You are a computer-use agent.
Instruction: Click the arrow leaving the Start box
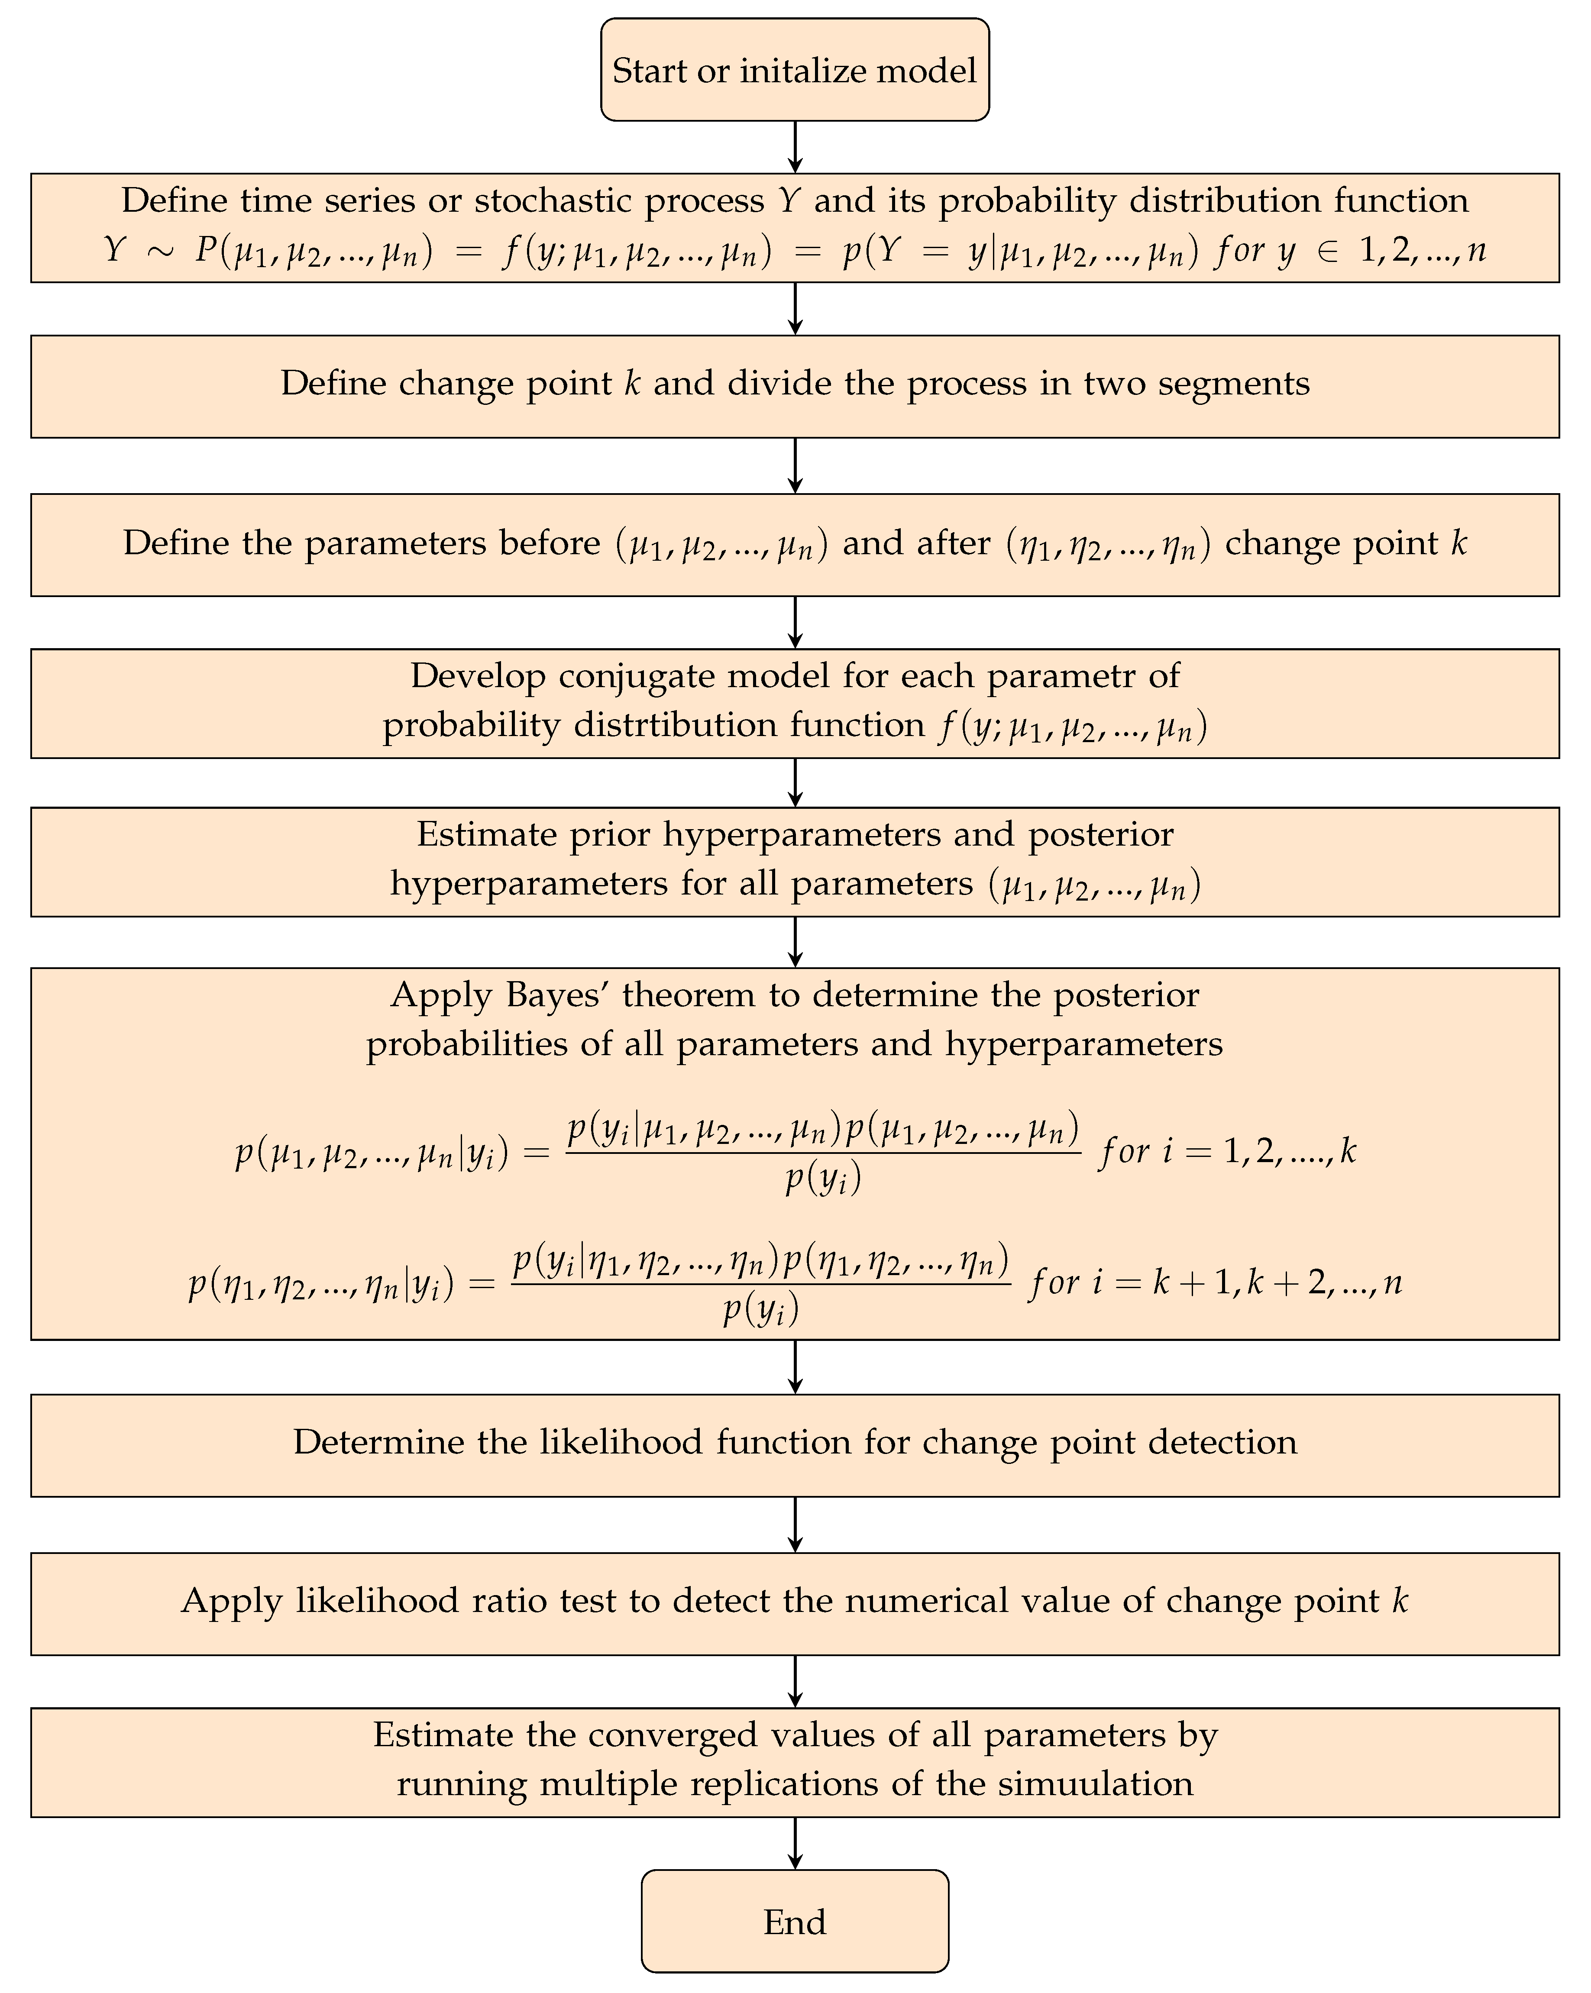click(795, 146)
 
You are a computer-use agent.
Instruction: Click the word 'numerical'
click(926, 1601)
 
